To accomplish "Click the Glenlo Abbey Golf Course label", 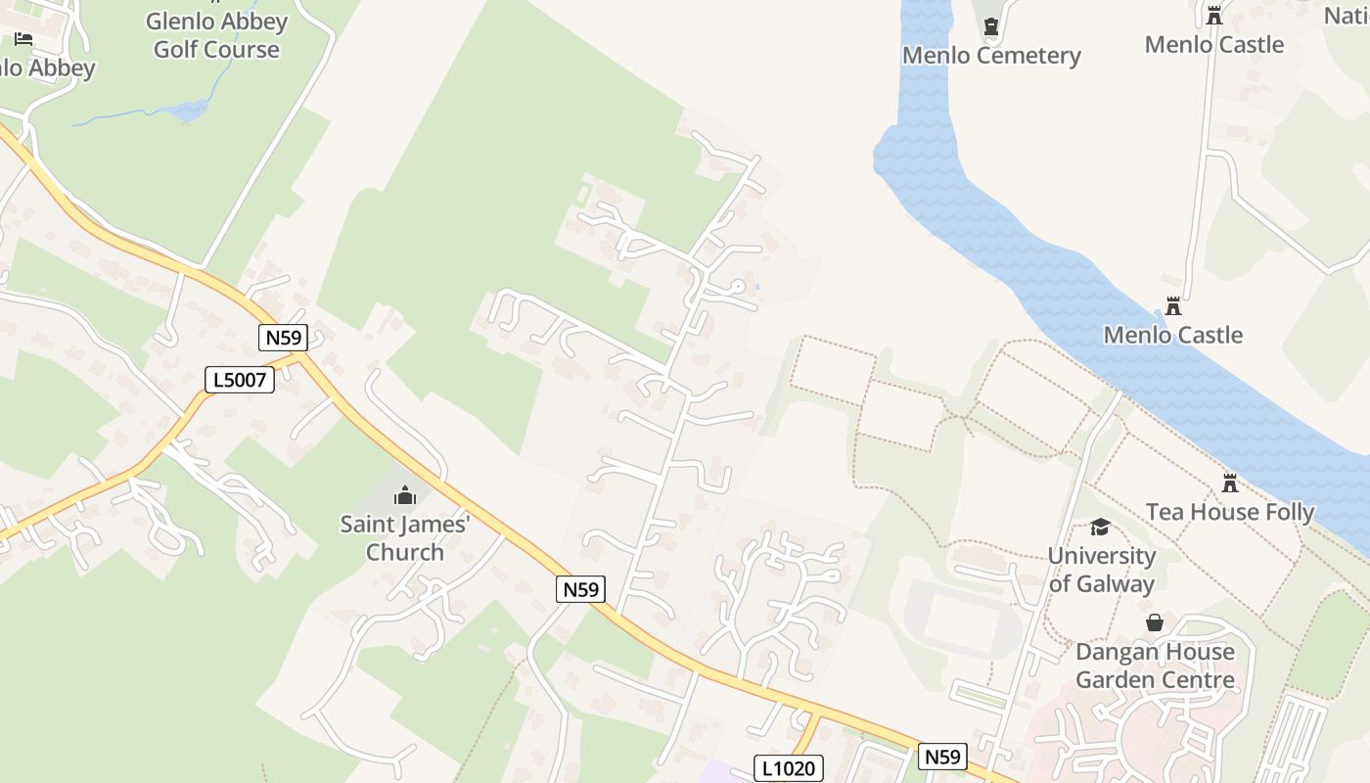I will (216, 35).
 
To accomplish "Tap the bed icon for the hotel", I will (23, 38).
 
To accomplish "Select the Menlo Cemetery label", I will (991, 55).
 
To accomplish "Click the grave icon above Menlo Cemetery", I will (990, 26).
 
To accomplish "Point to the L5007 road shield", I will (240, 380).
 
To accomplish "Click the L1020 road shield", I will (789, 768).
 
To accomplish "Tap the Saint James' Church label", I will (405, 538).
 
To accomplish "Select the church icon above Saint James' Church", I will (405, 495).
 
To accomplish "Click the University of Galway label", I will (1102, 570).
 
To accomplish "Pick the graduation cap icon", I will (1101, 528).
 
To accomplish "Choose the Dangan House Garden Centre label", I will (1155, 666).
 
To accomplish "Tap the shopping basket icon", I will (1155, 622).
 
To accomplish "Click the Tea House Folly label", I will (1230, 512).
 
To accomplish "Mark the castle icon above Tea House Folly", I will (1230, 483).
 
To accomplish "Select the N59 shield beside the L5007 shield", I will (284, 338).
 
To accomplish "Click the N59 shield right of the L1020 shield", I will (942, 757).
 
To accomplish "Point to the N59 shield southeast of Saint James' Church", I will (581, 589).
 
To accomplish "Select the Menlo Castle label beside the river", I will (1172, 335).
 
